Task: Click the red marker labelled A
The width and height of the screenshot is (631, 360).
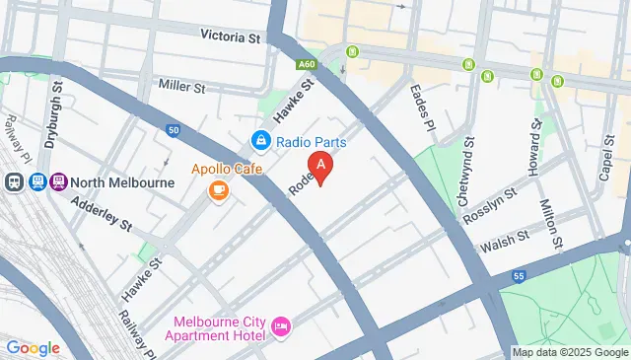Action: (319, 166)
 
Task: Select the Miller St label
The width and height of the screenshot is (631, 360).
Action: (180, 88)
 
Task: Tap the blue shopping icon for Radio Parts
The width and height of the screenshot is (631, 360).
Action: (260, 142)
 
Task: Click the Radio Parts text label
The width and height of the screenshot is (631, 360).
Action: (311, 142)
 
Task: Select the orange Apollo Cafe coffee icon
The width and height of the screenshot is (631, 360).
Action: (219, 190)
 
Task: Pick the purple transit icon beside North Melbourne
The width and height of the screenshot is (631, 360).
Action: (59, 181)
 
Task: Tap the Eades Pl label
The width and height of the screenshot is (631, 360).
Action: (421, 102)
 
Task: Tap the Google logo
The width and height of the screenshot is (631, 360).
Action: (33, 347)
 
